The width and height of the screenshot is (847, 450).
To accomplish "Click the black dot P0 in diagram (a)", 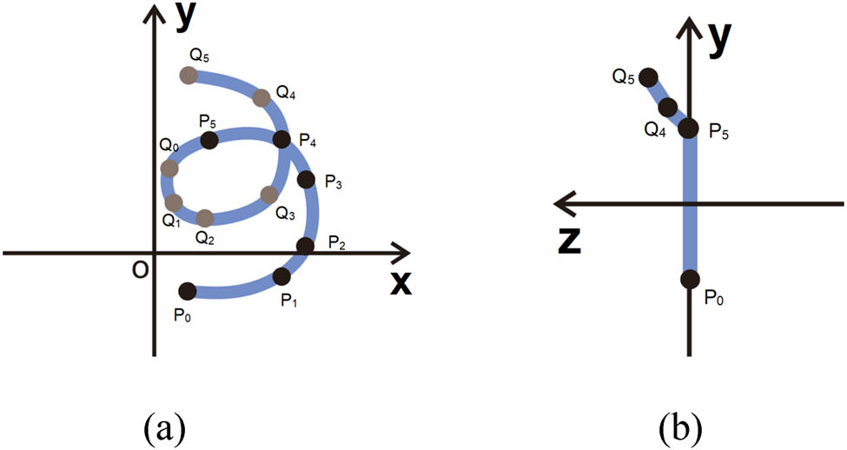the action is coord(187,292).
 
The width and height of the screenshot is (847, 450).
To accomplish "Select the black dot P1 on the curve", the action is coord(282,276).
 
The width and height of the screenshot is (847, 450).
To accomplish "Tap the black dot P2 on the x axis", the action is coord(305,247).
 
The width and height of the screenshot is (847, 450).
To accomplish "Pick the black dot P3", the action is coord(306,179).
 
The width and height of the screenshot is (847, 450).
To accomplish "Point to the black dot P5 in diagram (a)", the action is coord(209,141).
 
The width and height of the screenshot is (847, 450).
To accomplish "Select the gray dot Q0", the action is coord(169,169).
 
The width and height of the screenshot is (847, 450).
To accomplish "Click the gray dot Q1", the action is coord(174,203).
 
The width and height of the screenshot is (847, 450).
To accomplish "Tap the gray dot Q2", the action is coord(204,218).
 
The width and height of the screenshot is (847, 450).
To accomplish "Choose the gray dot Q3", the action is coord(269,194).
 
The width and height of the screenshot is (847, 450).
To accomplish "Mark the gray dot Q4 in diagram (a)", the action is coord(261,98).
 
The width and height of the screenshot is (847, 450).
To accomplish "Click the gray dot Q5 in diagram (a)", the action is coord(188,75).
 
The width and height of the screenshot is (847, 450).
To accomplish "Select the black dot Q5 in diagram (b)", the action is coord(648,78).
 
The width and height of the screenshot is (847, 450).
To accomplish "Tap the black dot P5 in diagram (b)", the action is coord(689,129).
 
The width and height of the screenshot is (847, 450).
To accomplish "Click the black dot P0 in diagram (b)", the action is coord(690,279).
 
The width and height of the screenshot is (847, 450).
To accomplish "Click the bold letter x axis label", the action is coord(400,282).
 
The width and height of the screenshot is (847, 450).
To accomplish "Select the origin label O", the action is coord(140,270).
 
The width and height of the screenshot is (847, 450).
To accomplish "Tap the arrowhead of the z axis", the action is coord(563,204).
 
